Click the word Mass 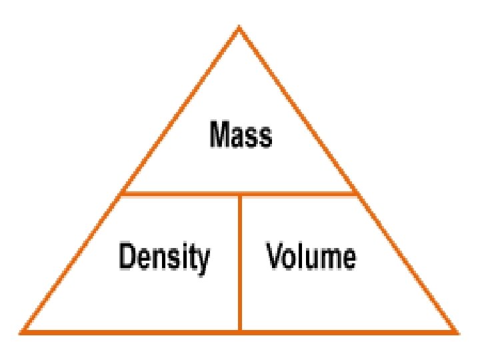pos(241,136)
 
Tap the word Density pos(164,257)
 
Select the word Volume pos(311,256)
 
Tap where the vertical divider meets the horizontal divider pos(240,195)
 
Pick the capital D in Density pos(127,257)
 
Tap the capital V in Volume pos(275,256)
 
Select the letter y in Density pos(203,260)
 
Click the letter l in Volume pos(299,256)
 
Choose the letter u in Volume pos(310,258)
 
